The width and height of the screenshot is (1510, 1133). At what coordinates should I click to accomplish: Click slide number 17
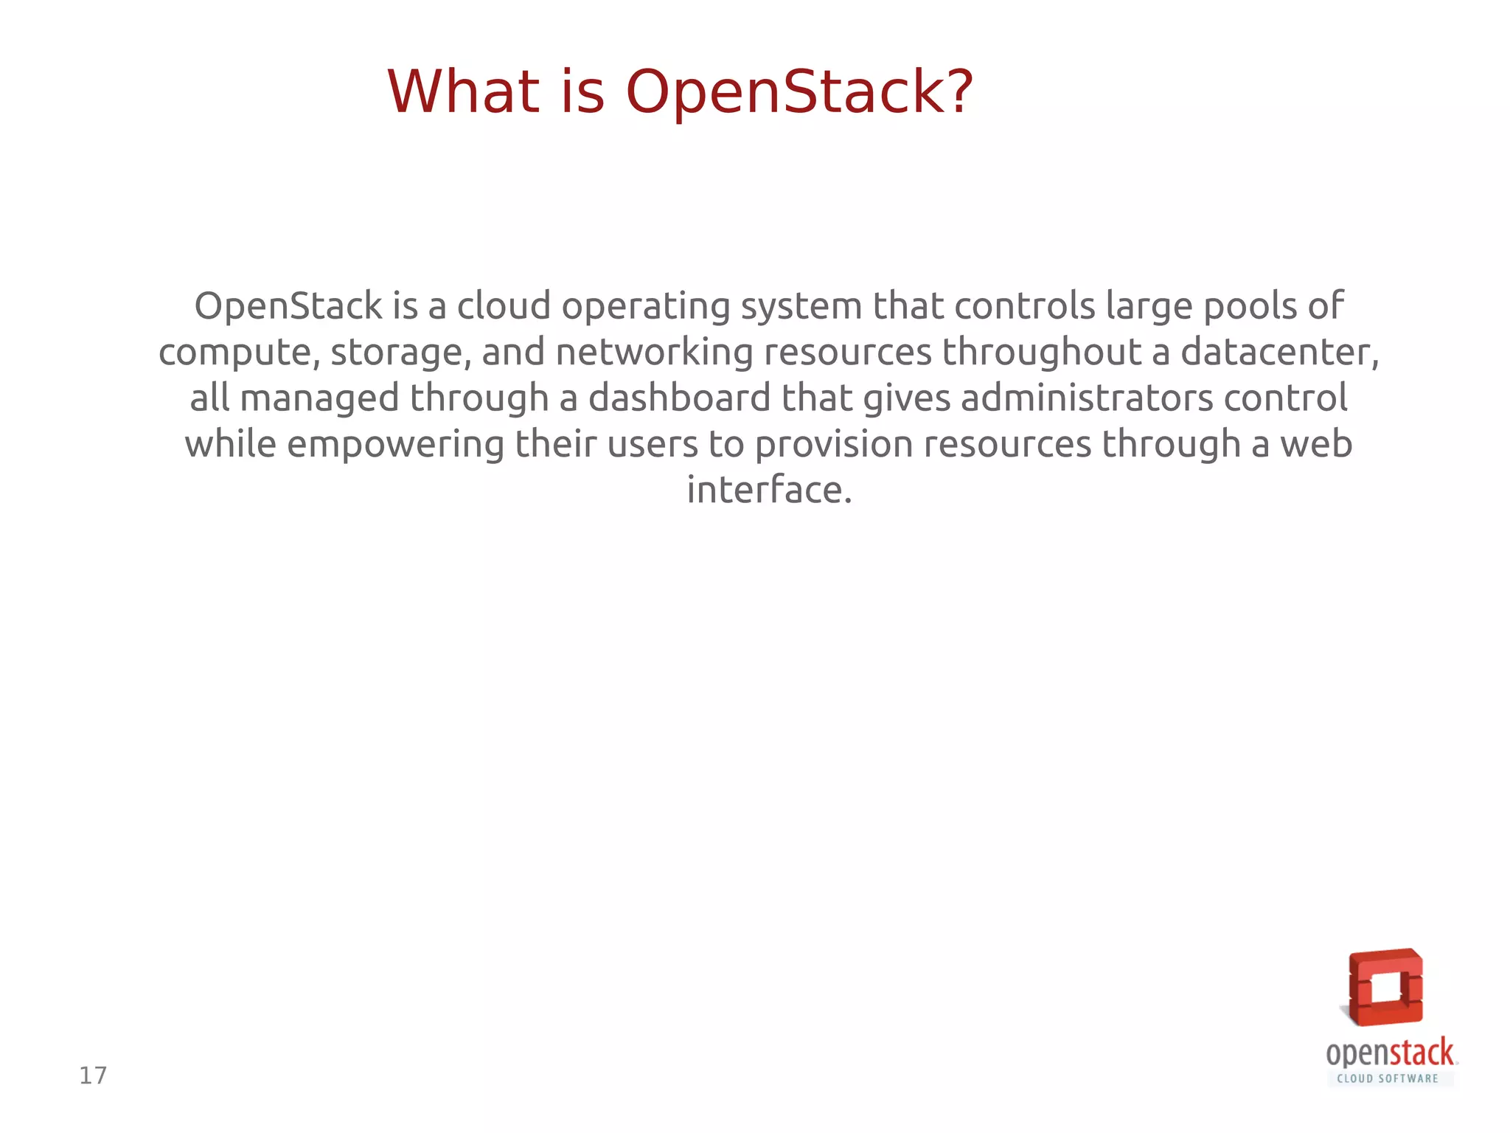(x=93, y=1075)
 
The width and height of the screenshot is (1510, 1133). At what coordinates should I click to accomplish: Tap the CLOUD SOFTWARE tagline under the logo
(x=1388, y=1078)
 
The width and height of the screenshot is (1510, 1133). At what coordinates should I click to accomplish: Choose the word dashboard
(x=679, y=398)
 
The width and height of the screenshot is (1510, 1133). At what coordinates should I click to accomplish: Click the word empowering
(x=395, y=445)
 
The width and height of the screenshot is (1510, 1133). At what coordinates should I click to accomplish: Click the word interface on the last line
(x=769, y=490)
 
